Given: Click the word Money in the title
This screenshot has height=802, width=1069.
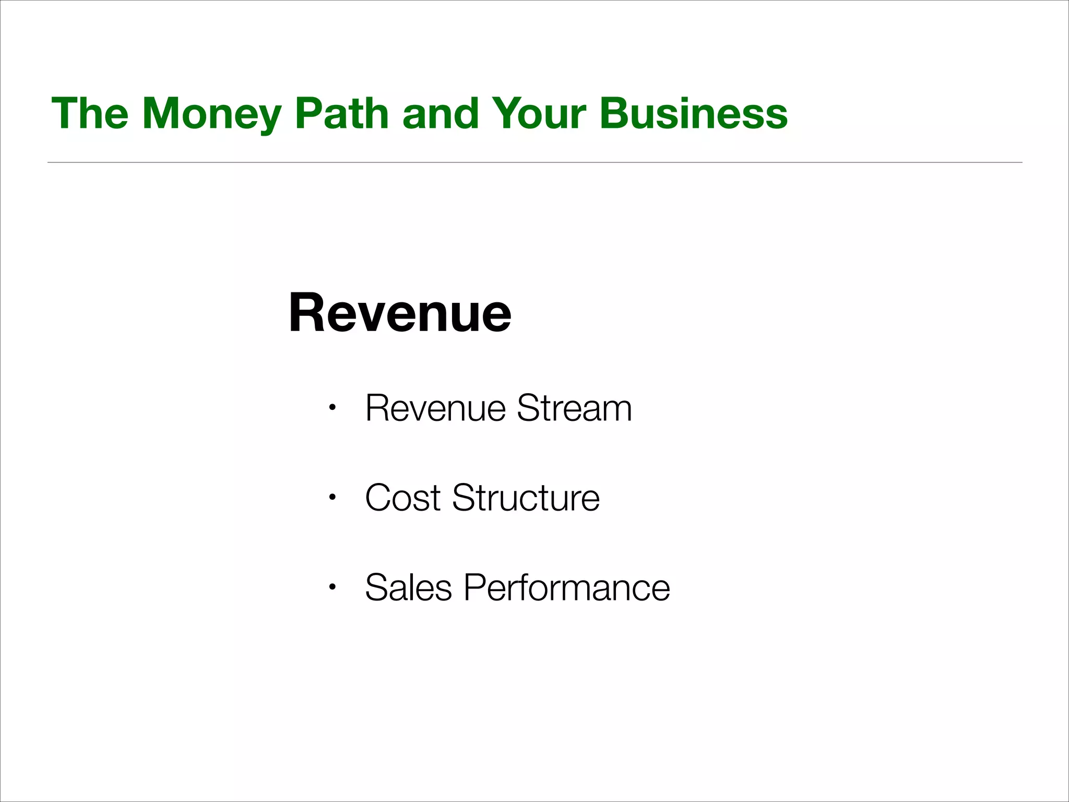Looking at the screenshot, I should coord(211,113).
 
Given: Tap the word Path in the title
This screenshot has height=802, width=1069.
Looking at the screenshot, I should coord(341,113).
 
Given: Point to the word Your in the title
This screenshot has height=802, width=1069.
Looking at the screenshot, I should coord(539,113).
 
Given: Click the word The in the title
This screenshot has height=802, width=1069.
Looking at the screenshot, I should coord(90,113).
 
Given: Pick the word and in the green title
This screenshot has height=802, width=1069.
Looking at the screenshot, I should coord(441,113).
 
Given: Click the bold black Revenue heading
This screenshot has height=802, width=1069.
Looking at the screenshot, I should coord(400,313).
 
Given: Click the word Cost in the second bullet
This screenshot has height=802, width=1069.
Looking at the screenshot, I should coord(403,498).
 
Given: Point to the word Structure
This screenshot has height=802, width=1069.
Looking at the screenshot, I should coord(526,498).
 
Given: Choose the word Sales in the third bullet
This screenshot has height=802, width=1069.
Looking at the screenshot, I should coord(408,587).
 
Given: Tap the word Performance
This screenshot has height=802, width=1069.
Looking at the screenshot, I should coord(566,587).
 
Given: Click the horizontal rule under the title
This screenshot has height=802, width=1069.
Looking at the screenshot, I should coord(534,162).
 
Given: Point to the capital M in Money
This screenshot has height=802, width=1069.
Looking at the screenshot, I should coord(160,113).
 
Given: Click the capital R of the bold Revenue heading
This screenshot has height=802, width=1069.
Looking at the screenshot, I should coord(307,313).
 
